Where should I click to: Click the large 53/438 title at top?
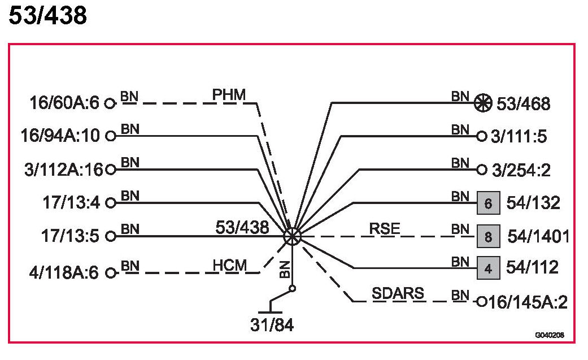tap(48, 16)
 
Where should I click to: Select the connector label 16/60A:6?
tap(64, 103)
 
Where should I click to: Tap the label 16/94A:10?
tap(60, 136)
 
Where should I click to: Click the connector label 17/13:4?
tap(72, 202)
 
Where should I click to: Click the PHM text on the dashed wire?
tap(229, 94)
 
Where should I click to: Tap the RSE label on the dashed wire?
tap(384, 228)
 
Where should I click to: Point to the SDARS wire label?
tap(398, 294)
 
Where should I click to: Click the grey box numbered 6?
tap(489, 202)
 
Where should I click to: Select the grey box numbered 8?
tap(489, 236)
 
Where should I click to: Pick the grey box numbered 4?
tap(489, 268)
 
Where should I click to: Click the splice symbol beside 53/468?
tap(481, 103)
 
